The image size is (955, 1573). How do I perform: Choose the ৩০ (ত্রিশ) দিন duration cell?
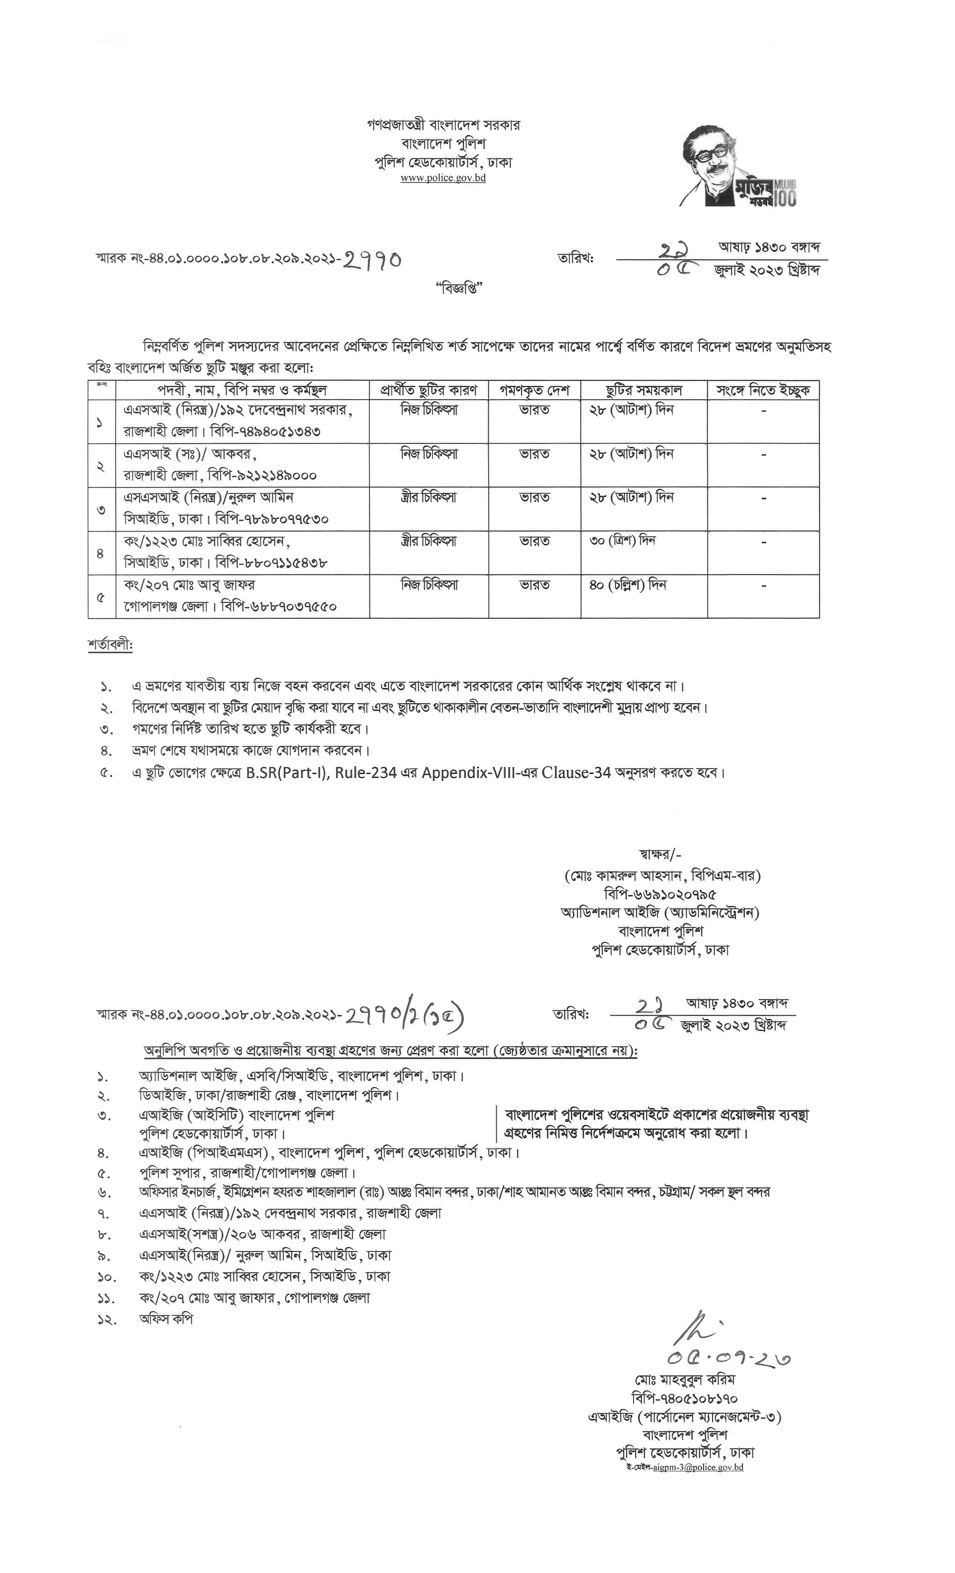click(623, 541)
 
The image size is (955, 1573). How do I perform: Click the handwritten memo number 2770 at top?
click(373, 259)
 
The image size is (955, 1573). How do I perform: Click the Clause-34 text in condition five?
click(576, 772)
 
